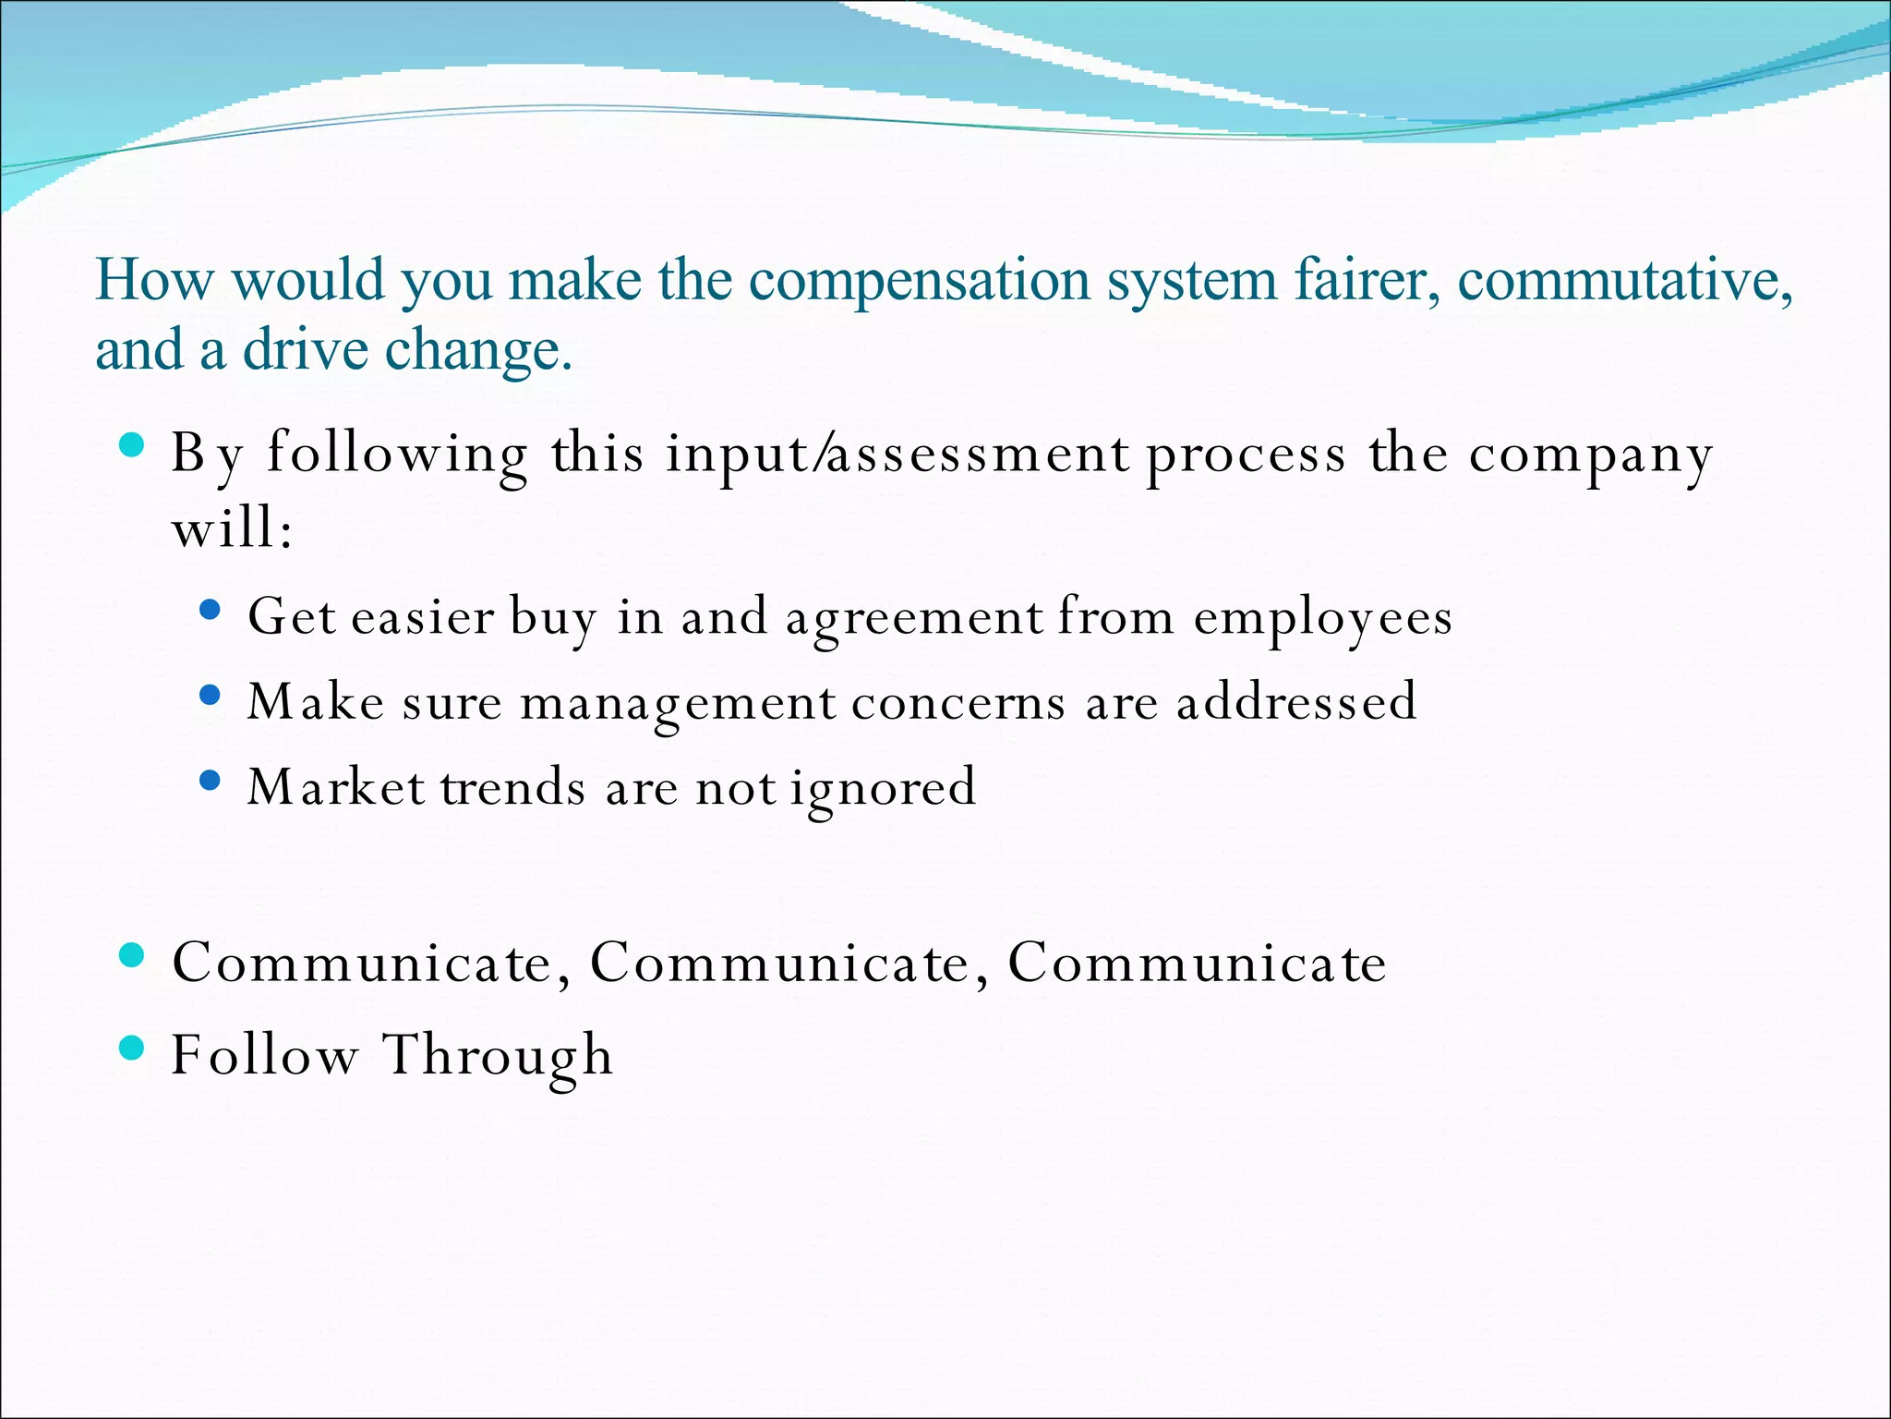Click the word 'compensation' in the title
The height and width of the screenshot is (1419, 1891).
(919, 281)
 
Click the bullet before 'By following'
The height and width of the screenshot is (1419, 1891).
(133, 445)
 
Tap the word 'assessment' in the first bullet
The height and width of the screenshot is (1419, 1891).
(979, 455)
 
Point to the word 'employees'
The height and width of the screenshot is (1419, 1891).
(1322, 618)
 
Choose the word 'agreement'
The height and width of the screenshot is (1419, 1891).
(914, 618)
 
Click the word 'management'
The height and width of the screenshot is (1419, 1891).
(679, 703)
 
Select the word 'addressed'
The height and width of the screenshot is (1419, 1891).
(1296, 701)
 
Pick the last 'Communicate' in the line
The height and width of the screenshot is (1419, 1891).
(1197, 963)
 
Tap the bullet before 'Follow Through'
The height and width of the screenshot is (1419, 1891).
(133, 1048)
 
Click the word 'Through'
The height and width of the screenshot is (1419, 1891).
(499, 1055)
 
